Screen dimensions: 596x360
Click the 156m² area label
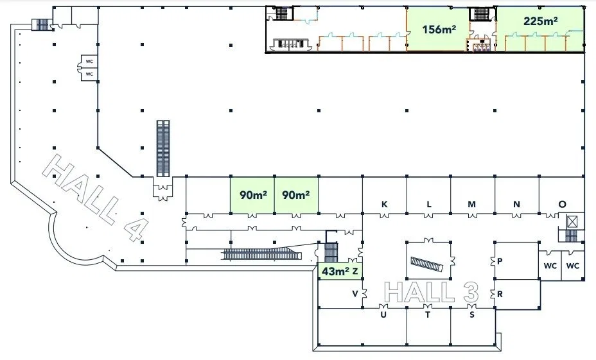tap(439, 29)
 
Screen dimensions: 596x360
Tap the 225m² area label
tap(541, 21)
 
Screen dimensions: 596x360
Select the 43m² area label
tap(336, 271)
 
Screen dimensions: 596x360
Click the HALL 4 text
tap(96, 198)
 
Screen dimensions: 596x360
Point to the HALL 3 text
tap(432, 293)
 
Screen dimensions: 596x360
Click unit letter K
tap(384, 204)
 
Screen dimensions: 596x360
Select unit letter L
tap(429, 204)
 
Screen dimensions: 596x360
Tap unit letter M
tap(471, 204)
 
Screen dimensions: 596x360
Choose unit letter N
tap(516, 204)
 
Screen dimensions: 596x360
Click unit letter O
tap(562, 204)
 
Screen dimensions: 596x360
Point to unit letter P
tap(500, 261)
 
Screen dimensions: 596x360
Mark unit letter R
tap(500, 294)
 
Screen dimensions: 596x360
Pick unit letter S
tap(471, 314)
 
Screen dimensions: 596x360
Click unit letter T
tap(428, 314)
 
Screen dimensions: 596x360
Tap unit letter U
tap(383, 314)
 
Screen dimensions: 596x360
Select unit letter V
tap(355, 293)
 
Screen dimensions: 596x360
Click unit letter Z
tap(355, 271)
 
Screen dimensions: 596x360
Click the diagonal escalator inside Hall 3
tap(427, 264)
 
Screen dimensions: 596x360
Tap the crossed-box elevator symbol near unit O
tap(572, 221)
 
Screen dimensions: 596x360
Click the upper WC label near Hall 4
tap(89, 62)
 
